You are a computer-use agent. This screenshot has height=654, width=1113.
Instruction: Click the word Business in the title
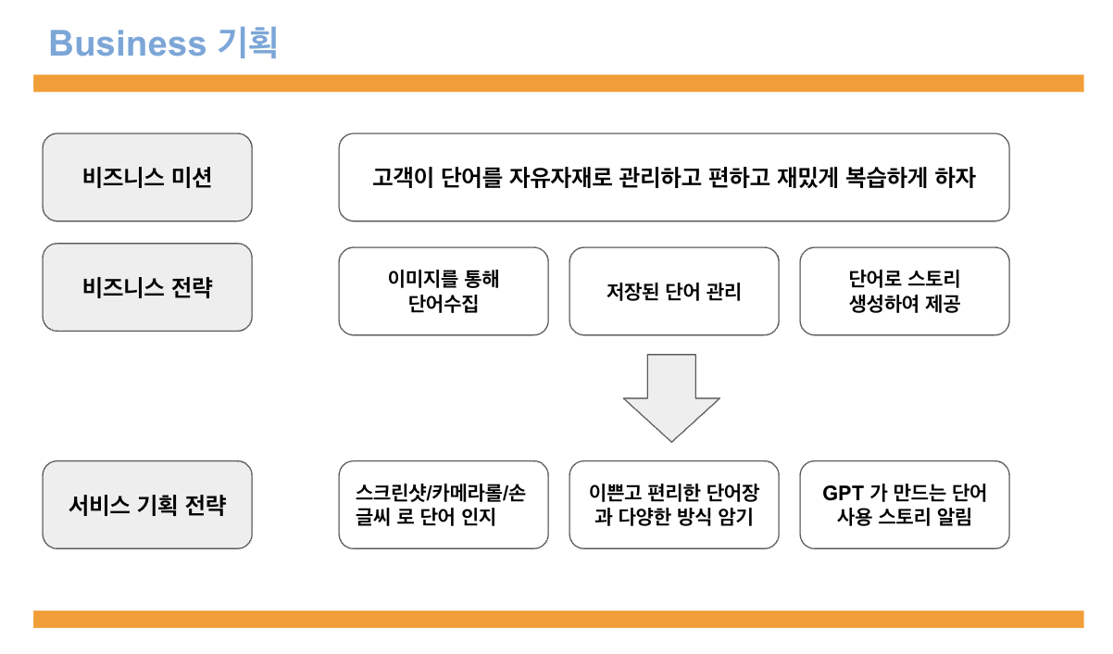(127, 43)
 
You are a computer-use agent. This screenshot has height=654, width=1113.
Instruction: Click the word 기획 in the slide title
(247, 43)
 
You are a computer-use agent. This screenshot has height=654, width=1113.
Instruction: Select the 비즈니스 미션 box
(147, 177)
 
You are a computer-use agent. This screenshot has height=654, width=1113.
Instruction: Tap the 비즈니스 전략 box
(147, 288)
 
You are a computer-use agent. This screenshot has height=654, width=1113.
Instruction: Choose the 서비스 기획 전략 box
(147, 505)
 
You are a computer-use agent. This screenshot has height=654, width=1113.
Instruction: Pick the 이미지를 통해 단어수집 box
(443, 291)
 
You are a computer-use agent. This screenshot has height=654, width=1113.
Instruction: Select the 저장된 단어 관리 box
(673, 291)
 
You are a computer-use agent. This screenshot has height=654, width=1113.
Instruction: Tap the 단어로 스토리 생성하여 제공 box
(904, 291)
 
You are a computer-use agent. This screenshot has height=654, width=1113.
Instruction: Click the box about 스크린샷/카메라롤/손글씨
(443, 505)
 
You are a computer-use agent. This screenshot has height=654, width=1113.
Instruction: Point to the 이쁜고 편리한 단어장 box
(673, 505)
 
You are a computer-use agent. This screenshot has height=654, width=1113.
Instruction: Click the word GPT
(843, 492)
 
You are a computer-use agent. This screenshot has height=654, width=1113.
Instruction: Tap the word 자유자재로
(555, 177)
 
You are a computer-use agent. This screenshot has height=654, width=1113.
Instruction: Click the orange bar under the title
(558, 83)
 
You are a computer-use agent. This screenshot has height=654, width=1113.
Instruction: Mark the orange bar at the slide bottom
(558, 619)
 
